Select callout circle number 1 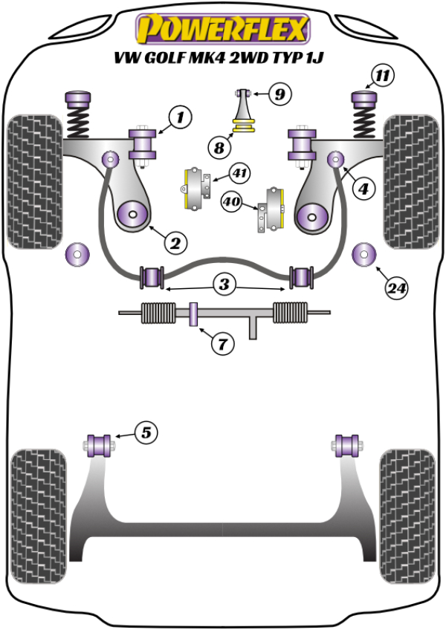coord(179,117)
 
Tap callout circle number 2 coord(176,242)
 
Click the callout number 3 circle coord(223,284)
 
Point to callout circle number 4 coord(363,190)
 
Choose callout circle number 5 coord(146,432)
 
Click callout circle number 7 coord(222,343)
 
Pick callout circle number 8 coord(220,148)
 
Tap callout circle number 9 coord(279,94)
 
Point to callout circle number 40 coord(233,201)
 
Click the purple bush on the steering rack coord(193,314)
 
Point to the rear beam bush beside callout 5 coord(100,444)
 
